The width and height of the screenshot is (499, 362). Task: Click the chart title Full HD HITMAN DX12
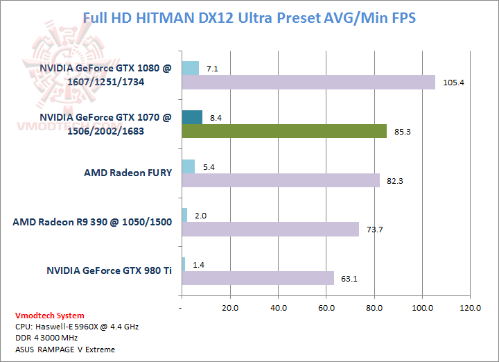point(249,17)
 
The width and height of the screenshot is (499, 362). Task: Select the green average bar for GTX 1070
point(284,131)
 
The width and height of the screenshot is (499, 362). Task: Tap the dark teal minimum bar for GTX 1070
point(192,117)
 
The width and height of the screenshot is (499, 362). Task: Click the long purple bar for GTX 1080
point(308,83)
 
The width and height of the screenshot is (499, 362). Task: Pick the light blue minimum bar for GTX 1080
point(190,68)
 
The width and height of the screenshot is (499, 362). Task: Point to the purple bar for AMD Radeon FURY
point(281,180)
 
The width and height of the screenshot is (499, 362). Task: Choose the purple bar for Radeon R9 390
point(270,230)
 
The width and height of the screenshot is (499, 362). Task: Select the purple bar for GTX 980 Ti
point(258,278)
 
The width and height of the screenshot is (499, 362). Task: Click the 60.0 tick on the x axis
point(326,307)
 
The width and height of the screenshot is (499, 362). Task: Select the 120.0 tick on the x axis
point(471,307)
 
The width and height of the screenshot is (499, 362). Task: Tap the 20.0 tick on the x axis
point(230,307)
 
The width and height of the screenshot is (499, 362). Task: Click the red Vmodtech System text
point(51,316)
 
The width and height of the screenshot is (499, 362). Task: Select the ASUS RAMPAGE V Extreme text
point(65,349)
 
